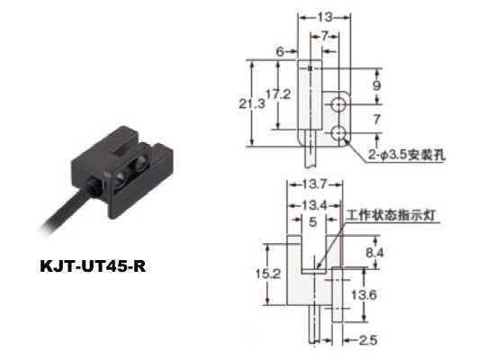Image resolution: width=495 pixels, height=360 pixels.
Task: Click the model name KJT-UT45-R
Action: coord(93,265)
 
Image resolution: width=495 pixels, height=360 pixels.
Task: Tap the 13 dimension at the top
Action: coord(325,17)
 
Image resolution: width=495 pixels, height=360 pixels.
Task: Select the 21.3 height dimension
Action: coord(252,103)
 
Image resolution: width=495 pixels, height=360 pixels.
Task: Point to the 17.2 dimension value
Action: coord(278,94)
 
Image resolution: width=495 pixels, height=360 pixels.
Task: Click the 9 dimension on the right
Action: coord(376,85)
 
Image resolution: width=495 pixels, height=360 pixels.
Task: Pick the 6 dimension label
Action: coord(280,51)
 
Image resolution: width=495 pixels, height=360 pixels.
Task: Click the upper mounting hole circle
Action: coord(338,104)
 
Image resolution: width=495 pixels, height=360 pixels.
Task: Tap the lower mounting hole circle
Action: coord(338,132)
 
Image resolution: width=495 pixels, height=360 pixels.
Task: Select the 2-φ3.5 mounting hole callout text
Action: coord(407,155)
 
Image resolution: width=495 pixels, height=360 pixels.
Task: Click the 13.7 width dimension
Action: coord(314,184)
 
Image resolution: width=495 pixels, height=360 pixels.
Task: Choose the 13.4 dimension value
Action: coord(313,205)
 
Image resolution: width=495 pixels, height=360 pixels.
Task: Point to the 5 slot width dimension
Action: coord(312,222)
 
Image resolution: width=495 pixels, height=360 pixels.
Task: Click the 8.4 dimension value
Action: coord(374,253)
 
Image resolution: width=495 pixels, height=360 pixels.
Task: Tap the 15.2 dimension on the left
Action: coord(267,274)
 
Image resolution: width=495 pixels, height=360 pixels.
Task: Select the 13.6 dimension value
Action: coord(364,295)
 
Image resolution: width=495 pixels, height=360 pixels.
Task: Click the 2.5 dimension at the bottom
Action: coord(368,340)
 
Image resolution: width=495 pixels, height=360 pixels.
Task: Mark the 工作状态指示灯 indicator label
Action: coord(391,215)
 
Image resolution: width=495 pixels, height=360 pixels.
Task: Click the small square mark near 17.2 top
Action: coord(310,67)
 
